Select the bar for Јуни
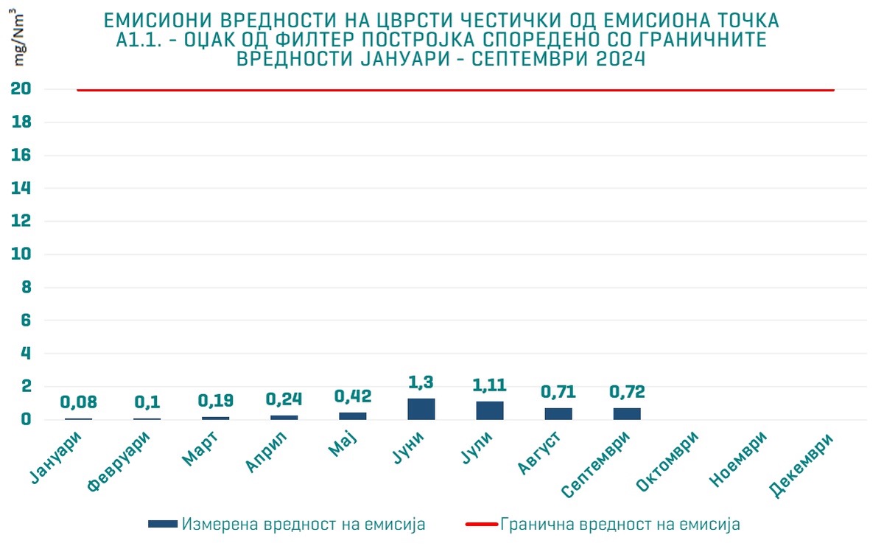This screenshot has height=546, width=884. (421, 409)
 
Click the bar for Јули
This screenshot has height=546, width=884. (490, 410)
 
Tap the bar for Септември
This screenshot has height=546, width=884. (627, 413)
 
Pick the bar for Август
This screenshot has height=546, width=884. (558, 413)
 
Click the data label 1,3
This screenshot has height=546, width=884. (421, 382)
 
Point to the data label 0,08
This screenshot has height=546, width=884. (79, 402)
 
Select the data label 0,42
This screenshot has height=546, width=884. (353, 396)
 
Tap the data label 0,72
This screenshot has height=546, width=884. (627, 391)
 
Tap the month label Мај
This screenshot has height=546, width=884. (344, 447)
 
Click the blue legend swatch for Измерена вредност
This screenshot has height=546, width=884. (163, 524)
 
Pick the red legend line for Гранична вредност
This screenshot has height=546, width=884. (481, 524)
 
